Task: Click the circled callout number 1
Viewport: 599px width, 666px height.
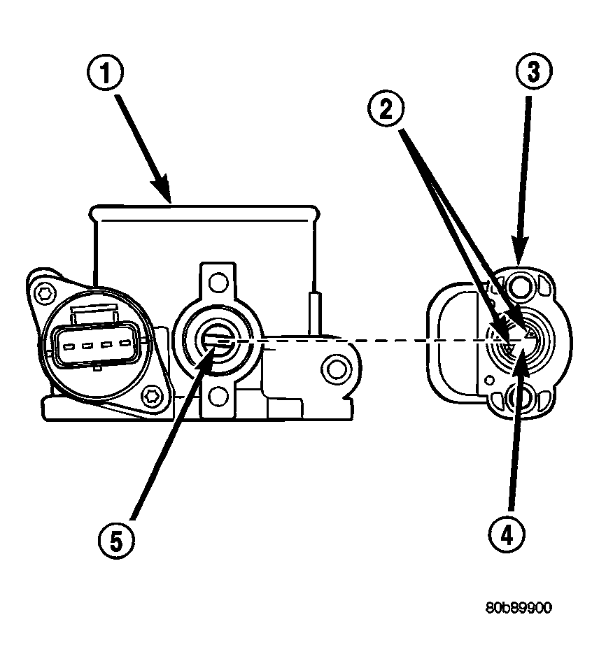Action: coord(105,73)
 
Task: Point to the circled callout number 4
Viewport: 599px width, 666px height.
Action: coord(507,536)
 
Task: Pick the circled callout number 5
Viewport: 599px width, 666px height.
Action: coord(116,541)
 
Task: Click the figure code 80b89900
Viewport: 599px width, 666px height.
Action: coord(519,608)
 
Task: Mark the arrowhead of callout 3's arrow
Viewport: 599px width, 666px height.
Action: coord(520,250)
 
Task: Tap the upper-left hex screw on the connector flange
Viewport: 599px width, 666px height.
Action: coord(45,292)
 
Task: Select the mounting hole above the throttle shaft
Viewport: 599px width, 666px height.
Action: coord(219,282)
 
